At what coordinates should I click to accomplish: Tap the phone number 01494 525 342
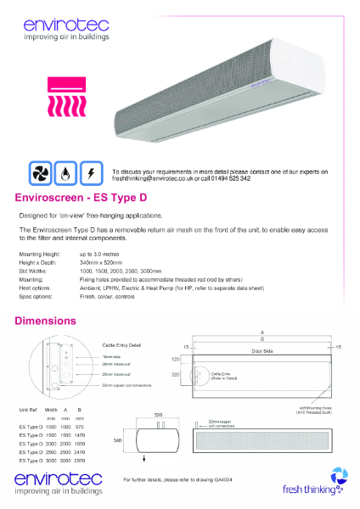[x=228, y=178]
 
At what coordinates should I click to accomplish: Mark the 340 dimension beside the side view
[x=119, y=441]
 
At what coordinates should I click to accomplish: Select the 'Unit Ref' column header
[x=26, y=411]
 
